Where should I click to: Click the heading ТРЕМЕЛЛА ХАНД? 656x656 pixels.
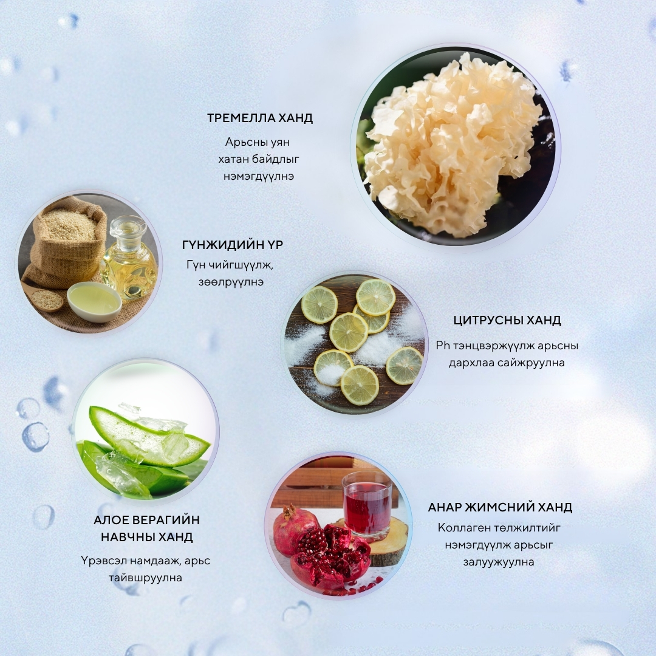(x=260, y=118)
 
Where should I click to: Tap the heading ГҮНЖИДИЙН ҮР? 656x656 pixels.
(x=233, y=244)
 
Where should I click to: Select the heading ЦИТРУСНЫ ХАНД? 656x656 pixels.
(x=507, y=321)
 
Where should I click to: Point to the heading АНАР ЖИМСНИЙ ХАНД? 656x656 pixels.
(x=500, y=507)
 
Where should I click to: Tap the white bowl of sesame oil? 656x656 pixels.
(x=94, y=301)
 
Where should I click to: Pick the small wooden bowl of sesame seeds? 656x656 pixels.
(x=47, y=300)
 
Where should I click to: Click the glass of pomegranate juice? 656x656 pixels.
(x=367, y=504)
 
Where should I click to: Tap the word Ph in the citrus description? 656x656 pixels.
(x=443, y=346)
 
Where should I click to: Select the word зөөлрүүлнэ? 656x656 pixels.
(x=231, y=282)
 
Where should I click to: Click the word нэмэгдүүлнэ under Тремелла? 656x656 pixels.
(x=259, y=176)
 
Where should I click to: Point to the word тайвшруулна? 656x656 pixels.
(x=146, y=578)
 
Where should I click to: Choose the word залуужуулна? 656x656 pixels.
(x=499, y=562)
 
